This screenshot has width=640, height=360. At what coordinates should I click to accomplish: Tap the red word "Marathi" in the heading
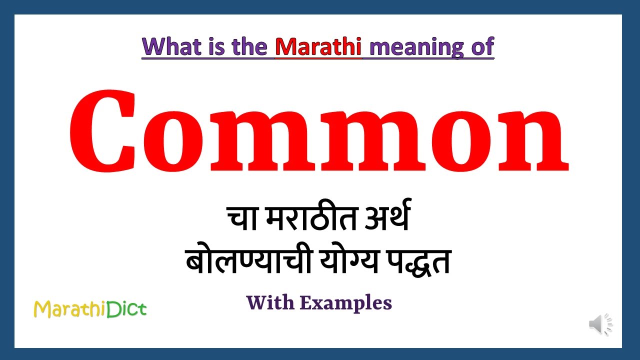(318, 46)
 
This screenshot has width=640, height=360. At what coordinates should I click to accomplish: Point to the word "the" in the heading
(249, 46)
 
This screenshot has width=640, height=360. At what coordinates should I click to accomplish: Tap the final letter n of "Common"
(533, 139)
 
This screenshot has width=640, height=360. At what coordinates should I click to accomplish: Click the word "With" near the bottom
(270, 302)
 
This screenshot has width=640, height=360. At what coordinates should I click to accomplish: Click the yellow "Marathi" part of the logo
(69, 309)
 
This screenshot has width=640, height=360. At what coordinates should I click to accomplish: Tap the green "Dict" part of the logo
(126, 309)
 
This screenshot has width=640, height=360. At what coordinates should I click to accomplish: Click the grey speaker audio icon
(600, 324)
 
